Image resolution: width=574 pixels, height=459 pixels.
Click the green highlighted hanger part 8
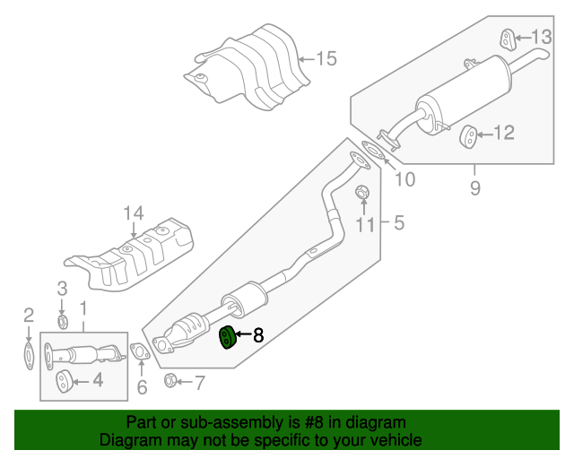tap(228, 337)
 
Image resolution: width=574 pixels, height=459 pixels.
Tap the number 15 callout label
tap(326, 59)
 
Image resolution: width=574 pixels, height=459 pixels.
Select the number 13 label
tap(542, 37)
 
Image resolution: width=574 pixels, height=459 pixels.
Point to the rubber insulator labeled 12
tap(468, 135)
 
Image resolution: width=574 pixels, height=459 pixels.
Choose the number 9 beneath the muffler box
tap(475, 187)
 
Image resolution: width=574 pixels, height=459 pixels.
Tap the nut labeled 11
tap(363, 193)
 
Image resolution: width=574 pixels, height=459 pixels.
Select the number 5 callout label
tap(398, 221)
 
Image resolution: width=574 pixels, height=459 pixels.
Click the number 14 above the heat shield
tap(134, 213)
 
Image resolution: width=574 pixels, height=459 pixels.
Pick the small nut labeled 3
tap(62, 321)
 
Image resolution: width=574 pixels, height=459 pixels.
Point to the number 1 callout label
tap(84, 309)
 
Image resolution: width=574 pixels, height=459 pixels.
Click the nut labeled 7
tap(170, 382)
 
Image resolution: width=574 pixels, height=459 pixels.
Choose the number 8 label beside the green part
tap(258, 336)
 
